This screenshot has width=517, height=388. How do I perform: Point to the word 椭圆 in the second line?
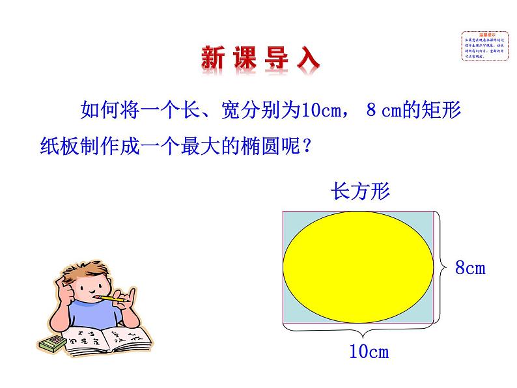point(250,145)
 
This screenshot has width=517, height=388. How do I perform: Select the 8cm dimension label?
point(470,268)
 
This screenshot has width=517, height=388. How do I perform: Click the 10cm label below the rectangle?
point(369,352)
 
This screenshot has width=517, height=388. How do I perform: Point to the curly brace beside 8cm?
point(441,266)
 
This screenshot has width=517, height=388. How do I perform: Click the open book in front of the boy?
point(107,342)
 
